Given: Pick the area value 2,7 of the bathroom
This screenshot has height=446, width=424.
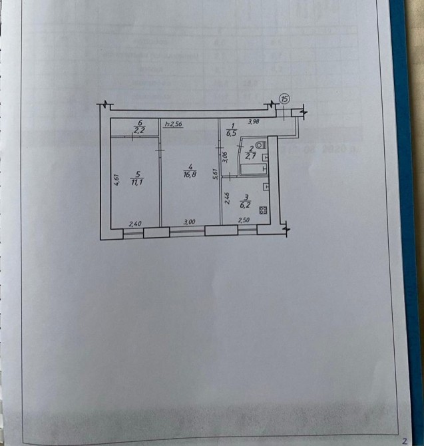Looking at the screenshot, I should click(250, 157).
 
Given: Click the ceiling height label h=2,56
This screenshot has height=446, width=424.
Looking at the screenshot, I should click(173, 124).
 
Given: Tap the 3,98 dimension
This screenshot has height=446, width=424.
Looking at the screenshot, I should click(254, 122).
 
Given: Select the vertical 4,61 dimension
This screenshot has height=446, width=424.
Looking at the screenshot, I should click(116, 180).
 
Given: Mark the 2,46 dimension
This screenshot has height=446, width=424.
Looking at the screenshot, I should click(227, 198).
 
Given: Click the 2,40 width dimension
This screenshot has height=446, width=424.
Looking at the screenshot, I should click(135, 224).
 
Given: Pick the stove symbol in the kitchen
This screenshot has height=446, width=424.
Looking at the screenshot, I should click(263, 211).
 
